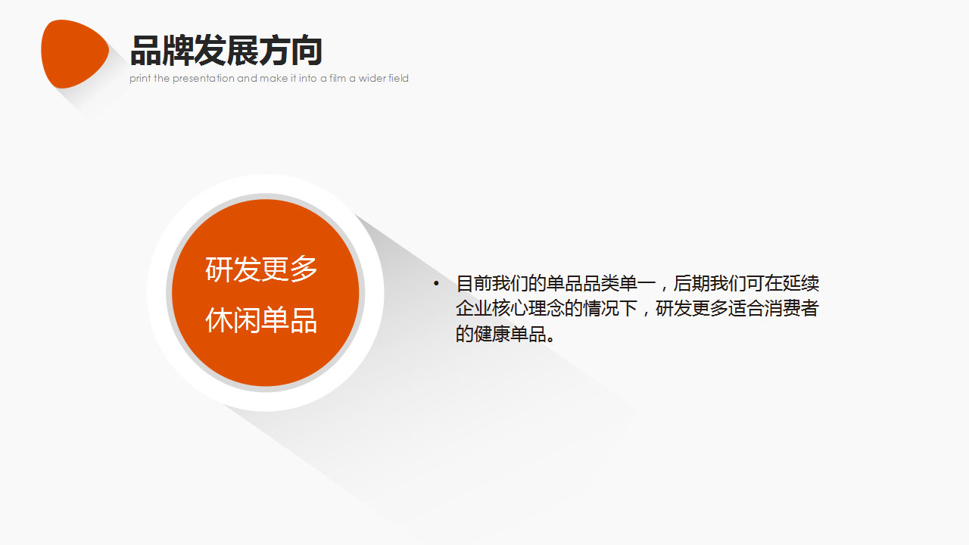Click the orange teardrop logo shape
(74, 54)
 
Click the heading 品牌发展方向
(226, 50)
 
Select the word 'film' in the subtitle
(338, 78)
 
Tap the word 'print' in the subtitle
(140, 78)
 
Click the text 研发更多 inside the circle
(261, 269)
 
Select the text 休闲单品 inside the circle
(261, 320)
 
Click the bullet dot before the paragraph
(436, 283)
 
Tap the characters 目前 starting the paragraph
(474, 283)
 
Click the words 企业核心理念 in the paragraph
(510, 308)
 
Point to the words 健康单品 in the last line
(510, 334)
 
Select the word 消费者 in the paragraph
(792, 308)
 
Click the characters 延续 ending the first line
(801, 283)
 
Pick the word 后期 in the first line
(692, 283)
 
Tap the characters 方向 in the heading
(291, 50)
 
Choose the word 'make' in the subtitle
(271, 78)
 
